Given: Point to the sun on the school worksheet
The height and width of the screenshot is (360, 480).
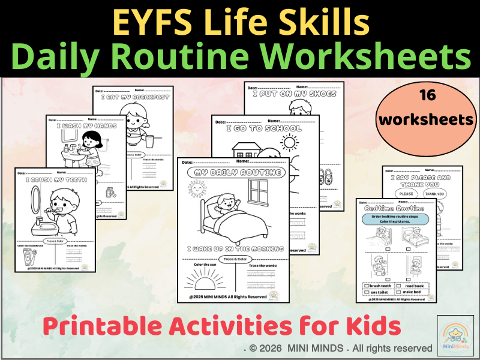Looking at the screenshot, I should (289, 143).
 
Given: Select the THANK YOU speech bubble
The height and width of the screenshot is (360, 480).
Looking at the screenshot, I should (435, 193).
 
